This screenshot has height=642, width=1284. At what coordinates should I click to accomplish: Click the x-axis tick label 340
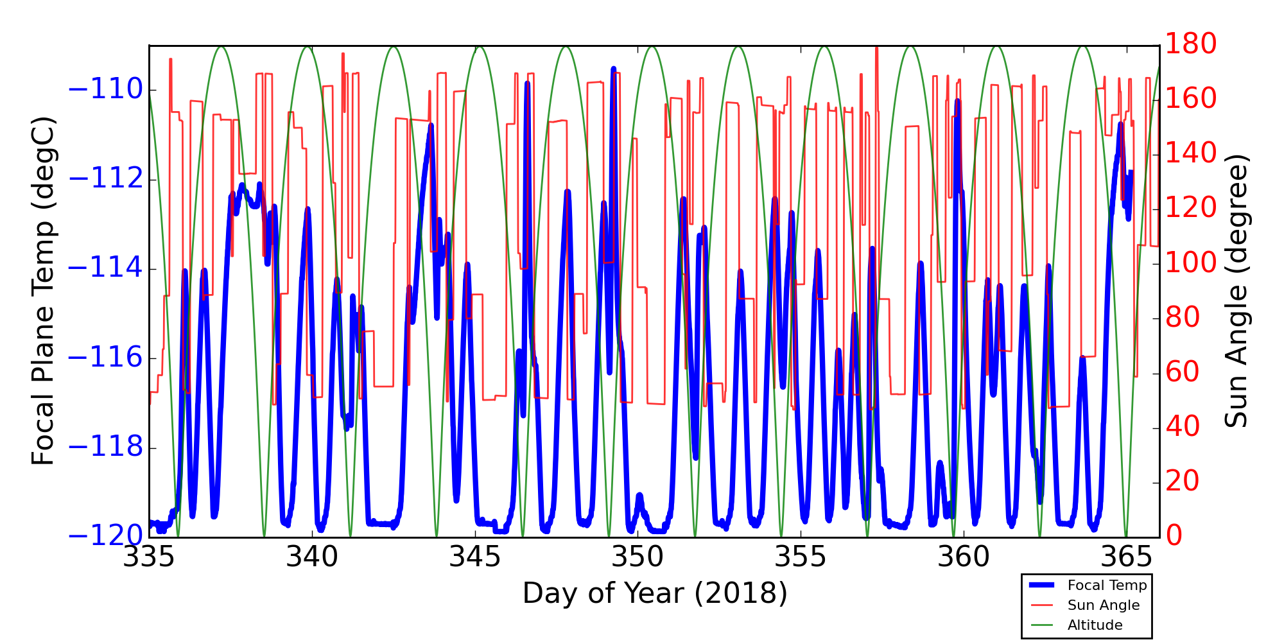pos(312,557)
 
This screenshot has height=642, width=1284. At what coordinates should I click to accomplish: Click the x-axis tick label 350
pos(638,557)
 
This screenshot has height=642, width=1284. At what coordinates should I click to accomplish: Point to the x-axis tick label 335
pos(149,557)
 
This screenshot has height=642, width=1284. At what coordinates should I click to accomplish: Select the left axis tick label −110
pos(105,90)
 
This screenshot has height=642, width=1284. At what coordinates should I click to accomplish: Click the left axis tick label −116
pos(105,358)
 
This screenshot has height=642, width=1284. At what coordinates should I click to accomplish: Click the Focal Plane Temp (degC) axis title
pos(43,290)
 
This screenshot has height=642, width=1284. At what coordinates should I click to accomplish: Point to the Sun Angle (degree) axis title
pos(1236,290)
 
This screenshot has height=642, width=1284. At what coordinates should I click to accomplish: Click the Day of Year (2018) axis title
pos(654,593)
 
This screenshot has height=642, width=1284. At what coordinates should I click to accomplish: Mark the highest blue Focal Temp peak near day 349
pos(613,68)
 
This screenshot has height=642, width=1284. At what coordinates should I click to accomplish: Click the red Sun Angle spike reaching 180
pos(876,48)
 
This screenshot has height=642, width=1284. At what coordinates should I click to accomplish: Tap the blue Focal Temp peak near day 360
pos(957,101)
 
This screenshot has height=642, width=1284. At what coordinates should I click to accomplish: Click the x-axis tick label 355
pos(801,557)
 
